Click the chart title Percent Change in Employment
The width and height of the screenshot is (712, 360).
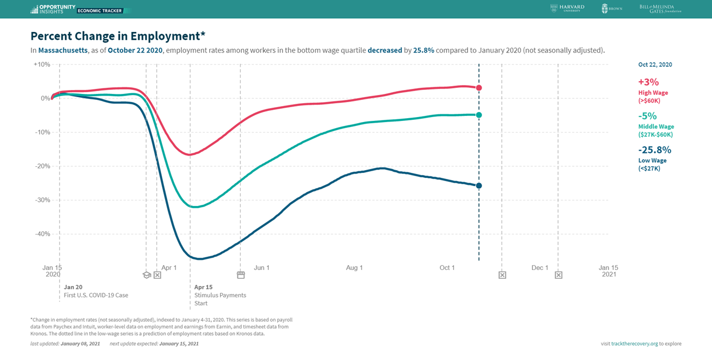118,36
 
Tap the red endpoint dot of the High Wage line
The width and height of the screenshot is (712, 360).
479,88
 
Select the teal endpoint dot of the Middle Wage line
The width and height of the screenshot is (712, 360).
479,115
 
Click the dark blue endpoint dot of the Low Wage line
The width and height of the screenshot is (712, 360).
479,186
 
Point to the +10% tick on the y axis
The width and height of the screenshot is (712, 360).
42,65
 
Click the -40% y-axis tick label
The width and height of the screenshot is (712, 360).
42,234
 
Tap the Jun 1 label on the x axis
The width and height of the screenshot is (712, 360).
262,268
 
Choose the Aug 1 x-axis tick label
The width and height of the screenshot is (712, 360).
354,268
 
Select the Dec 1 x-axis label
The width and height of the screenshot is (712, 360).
540,268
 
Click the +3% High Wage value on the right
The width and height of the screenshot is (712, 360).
649,82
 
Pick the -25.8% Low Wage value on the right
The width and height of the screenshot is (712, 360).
655,150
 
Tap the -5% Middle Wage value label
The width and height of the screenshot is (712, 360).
647,116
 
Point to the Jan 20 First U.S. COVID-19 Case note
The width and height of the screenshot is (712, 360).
95,291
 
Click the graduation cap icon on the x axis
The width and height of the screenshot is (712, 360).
147,275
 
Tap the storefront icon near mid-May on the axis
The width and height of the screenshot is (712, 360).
241,275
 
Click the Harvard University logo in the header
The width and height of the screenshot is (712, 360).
567,8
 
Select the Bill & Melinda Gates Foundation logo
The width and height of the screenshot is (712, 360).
660,8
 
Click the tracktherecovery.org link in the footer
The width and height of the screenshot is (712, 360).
634,343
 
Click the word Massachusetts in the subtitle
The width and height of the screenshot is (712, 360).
63,50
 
